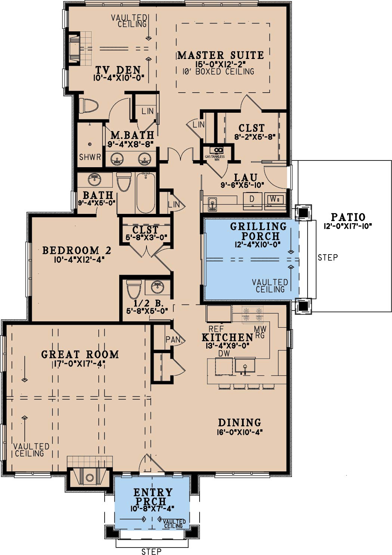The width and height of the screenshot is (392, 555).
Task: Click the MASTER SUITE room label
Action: coord(220,55)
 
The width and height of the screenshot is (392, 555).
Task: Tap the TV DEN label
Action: coord(118,70)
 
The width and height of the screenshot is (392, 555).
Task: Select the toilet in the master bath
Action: coord(89,106)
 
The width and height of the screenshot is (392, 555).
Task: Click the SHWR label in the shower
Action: coord(90,157)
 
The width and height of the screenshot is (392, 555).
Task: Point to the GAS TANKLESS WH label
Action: coord(214,158)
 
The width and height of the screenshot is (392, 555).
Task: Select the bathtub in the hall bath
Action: coord(146,193)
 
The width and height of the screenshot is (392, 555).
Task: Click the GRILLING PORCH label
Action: coord(259,231)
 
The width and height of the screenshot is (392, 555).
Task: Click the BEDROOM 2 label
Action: coord(77,250)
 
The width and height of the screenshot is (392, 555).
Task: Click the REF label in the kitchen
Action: coord(216,329)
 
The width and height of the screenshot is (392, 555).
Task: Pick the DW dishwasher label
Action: coord(224,353)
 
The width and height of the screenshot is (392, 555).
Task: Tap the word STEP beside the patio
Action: coord(328,258)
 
